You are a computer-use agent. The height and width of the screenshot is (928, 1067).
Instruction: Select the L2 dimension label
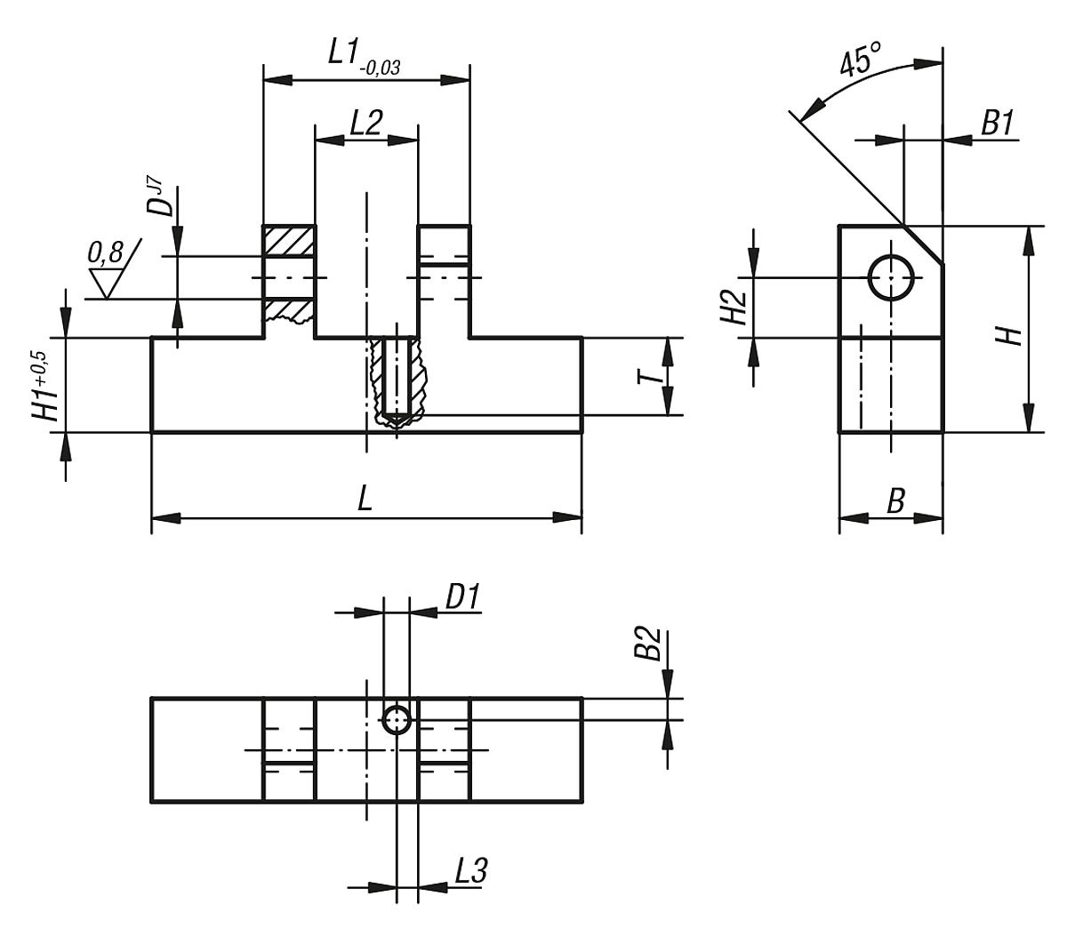pyautogui.click(x=365, y=123)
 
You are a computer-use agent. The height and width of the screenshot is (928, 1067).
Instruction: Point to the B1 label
pyautogui.click(x=997, y=124)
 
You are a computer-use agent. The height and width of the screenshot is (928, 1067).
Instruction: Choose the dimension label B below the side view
pyautogui.click(x=895, y=502)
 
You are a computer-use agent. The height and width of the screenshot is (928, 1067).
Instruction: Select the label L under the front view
pyautogui.click(x=365, y=500)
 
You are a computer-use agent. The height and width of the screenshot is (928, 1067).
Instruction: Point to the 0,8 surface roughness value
pyautogui.click(x=105, y=254)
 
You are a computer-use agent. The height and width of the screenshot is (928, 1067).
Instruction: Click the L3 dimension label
pyautogui.click(x=469, y=872)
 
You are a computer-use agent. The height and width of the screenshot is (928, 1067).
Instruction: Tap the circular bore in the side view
pyautogui.click(x=892, y=277)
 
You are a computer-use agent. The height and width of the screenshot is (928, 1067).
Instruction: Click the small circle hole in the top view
pyautogui.click(x=397, y=719)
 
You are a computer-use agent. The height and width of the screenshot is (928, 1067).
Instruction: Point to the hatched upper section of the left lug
pyautogui.click(x=288, y=241)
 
